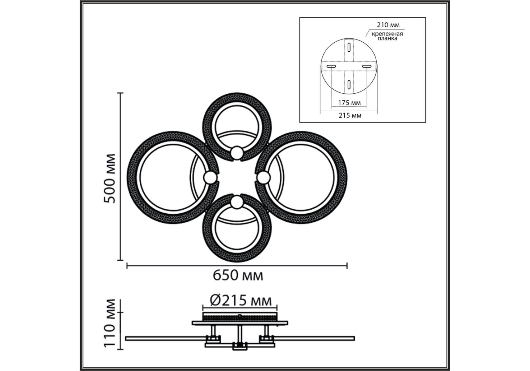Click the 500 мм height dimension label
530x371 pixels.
coord(109,178)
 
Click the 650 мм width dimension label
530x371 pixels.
coord(238,275)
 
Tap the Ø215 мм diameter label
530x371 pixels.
coord(241,300)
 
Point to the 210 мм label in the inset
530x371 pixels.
coord(388,25)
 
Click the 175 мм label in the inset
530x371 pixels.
coord(349,103)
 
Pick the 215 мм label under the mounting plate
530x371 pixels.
coord(350,115)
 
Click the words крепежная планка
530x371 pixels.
coord(387,36)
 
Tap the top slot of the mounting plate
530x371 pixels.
coord(349,47)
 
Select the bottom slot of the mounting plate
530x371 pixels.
coord(349,84)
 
